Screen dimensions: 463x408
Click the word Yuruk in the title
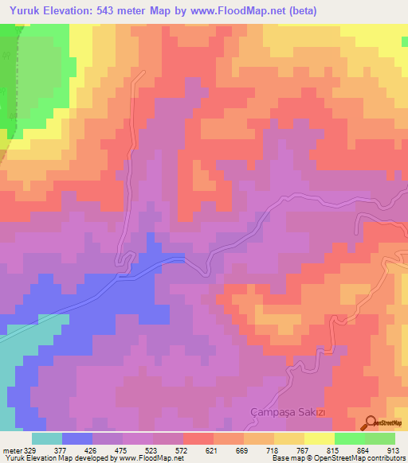(x=26, y=11)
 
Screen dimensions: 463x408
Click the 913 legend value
(x=395, y=450)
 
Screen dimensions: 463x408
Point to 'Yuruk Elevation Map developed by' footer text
(x=58, y=458)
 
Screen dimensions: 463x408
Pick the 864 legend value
(x=365, y=450)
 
